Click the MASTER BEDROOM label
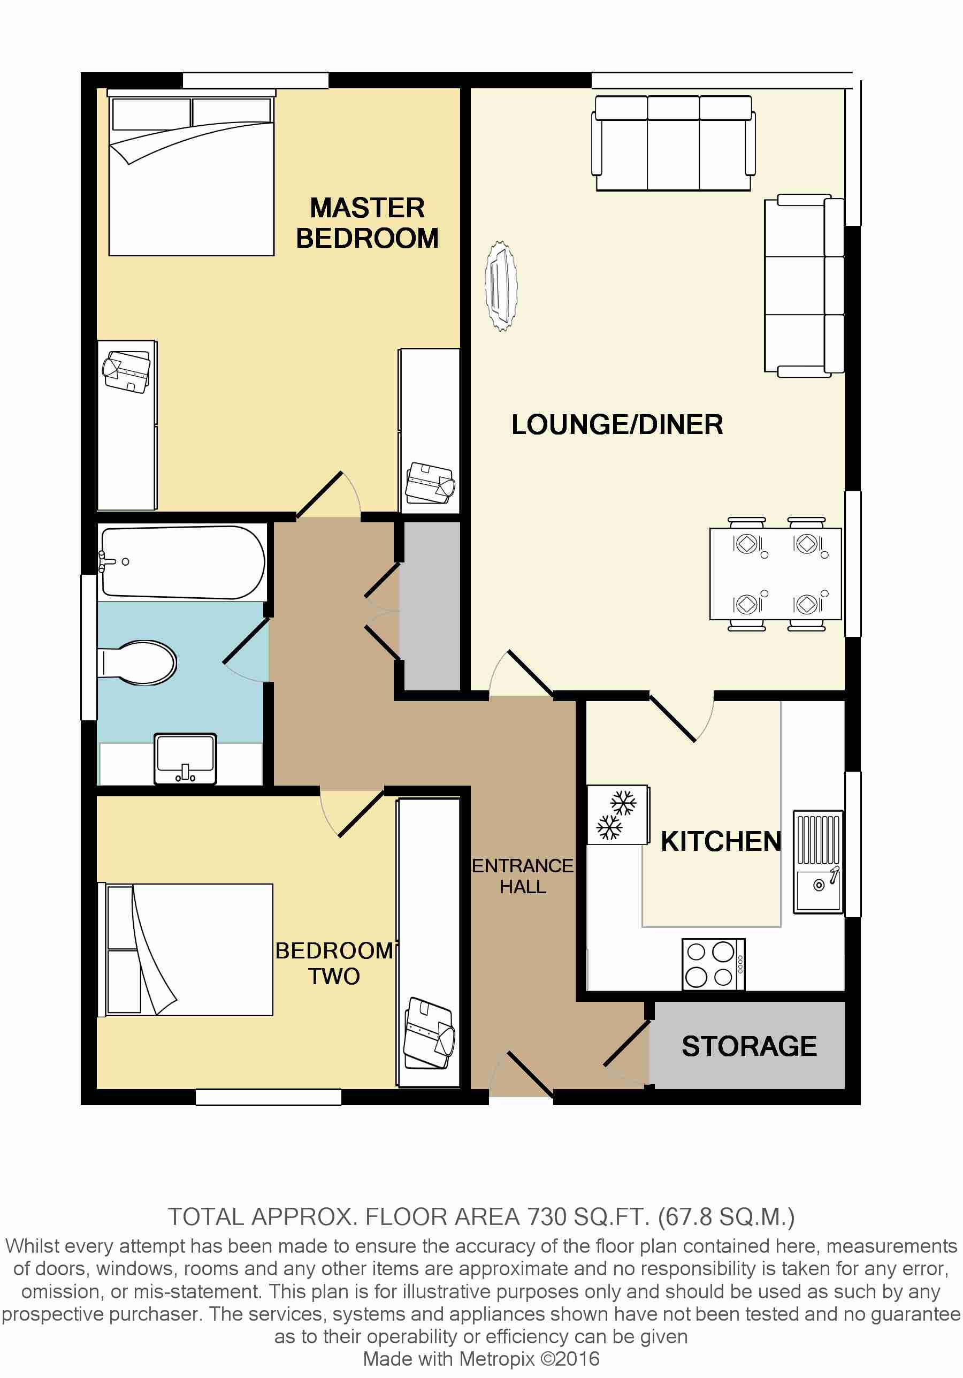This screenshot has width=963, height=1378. (x=367, y=223)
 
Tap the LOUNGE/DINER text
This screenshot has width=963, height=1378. (x=617, y=425)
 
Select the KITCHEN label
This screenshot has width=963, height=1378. (x=721, y=841)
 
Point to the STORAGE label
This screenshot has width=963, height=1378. (x=749, y=1046)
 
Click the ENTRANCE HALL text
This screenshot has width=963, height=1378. (x=523, y=875)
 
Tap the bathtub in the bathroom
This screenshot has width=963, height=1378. (x=182, y=562)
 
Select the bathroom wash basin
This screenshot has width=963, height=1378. (x=185, y=759)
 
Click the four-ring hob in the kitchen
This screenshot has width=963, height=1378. (x=713, y=964)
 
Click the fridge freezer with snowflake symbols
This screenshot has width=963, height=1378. (x=617, y=815)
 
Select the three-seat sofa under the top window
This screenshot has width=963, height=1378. (x=673, y=143)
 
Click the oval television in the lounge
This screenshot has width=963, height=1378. (x=500, y=286)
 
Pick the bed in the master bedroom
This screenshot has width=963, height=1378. (x=192, y=173)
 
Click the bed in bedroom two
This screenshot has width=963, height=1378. (x=186, y=949)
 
